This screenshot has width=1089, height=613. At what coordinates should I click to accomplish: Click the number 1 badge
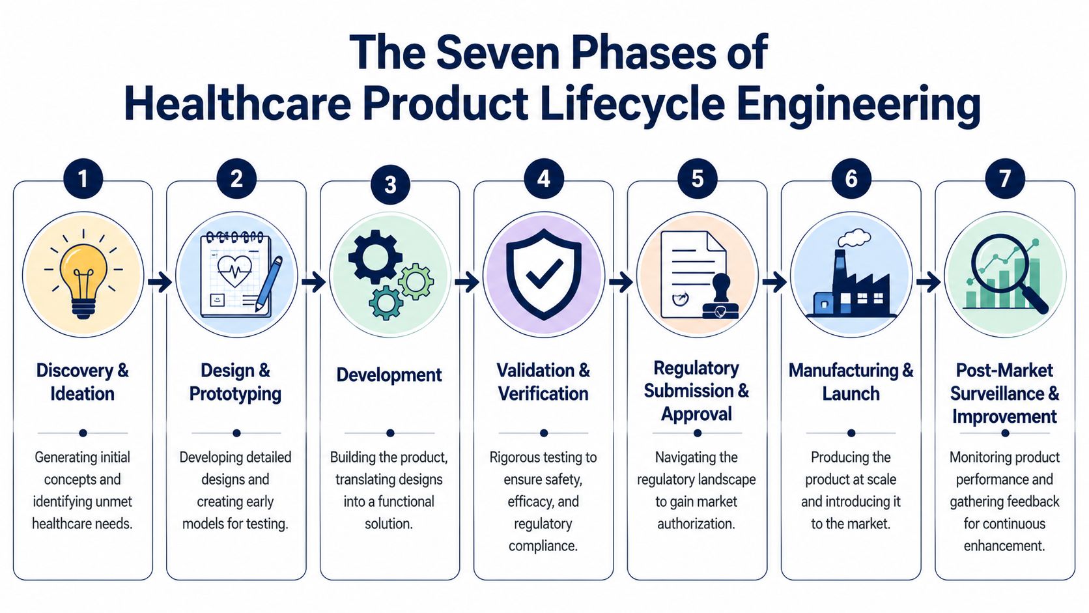pos(83,178)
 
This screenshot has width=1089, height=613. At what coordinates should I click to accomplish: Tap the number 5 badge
pos(697,178)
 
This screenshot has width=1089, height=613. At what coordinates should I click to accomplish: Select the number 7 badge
pos(1004,178)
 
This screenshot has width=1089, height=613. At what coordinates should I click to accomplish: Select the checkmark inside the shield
pos(544,274)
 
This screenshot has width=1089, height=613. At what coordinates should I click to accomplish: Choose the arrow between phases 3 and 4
pos(467,282)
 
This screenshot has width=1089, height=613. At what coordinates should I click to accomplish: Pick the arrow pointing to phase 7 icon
pos(928,282)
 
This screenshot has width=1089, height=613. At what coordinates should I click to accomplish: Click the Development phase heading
pos(389,375)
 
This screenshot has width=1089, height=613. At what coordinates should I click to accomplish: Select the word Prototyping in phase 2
pos(235,394)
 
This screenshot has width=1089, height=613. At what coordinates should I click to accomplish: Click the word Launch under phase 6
pos(851,394)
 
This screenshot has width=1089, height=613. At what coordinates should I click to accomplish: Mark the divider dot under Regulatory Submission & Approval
pos(697,433)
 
